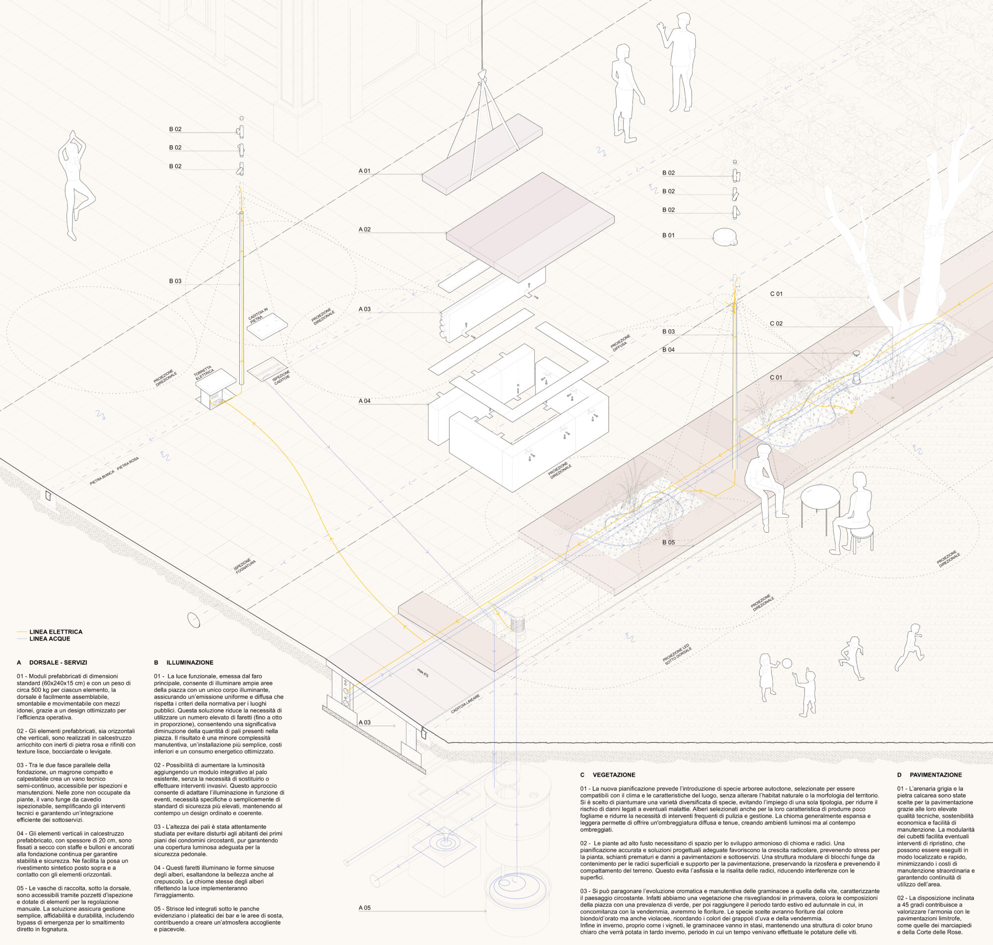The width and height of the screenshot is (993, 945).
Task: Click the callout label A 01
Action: pyautogui.click(x=364, y=171)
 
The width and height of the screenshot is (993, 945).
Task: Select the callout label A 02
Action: pyautogui.click(x=364, y=229)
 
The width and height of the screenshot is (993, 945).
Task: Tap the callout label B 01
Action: pyautogui.click(x=668, y=235)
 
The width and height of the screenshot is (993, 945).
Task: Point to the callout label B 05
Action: pyautogui.click(x=668, y=542)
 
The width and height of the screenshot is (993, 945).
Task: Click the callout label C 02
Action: pyautogui.click(x=776, y=324)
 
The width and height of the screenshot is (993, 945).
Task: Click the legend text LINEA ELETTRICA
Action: pyautogui.click(x=56, y=632)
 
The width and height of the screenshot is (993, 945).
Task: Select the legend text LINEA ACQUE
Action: pyautogui.click(x=50, y=639)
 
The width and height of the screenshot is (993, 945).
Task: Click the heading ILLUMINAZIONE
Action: pyautogui.click(x=190, y=663)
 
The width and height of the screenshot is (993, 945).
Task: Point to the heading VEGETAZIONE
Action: pyautogui.click(x=614, y=775)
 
